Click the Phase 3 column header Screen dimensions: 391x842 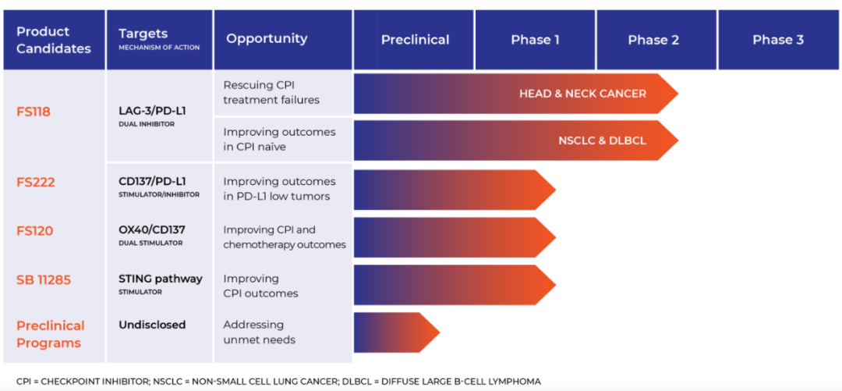tap(777, 40)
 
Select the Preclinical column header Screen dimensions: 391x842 tap(415, 40)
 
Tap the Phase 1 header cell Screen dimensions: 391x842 tap(535, 40)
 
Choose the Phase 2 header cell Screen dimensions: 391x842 tap(653, 40)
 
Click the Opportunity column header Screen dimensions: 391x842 tap(267, 39)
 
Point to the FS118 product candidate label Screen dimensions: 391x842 tap(34, 112)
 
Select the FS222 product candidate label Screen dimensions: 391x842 tap(35, 183)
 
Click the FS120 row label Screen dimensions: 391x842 tap(35, 231)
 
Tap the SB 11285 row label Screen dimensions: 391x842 tap(44, 279)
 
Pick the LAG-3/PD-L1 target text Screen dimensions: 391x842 tap(152, 110)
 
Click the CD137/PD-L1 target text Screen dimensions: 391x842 tap(153, 181)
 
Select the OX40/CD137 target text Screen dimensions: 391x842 tap(152, 229)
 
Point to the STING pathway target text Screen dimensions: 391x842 tap(161, 279)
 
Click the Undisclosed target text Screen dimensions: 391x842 tap(152, 325)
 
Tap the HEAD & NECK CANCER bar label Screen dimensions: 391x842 tap(582, 94)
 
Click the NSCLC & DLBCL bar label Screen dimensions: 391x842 tap(602, 141)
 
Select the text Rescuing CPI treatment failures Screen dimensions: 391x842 tap(271, 92)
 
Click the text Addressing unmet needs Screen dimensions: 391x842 tap(260, 332)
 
